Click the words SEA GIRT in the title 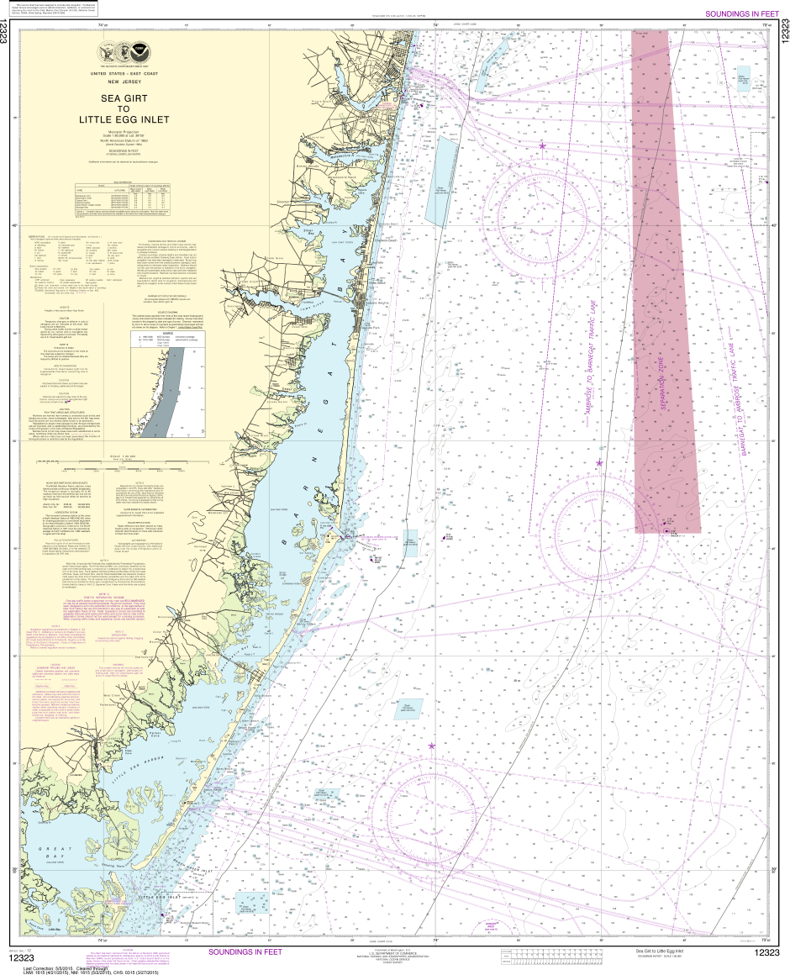coord(124,97)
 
